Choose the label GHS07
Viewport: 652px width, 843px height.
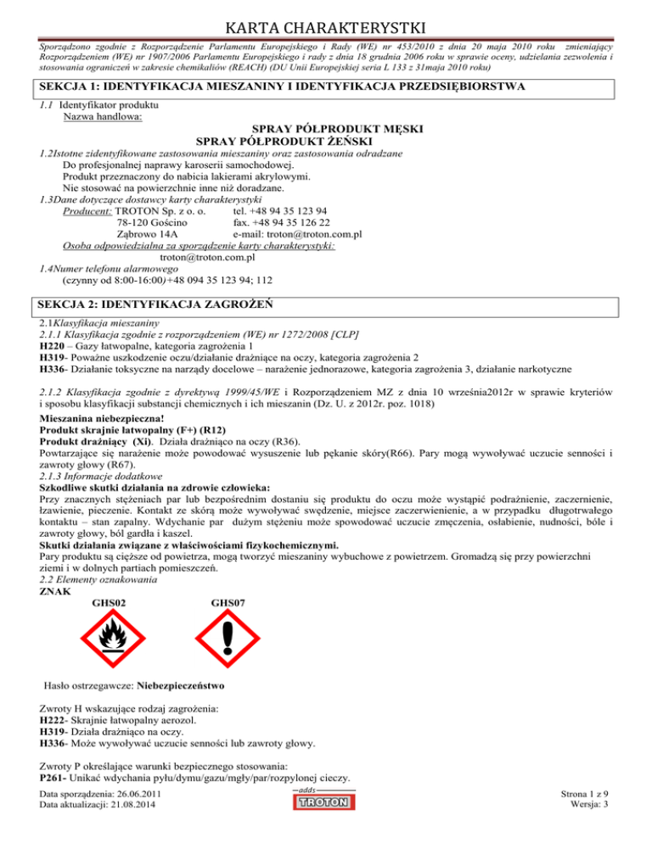[x=228, y=602]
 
